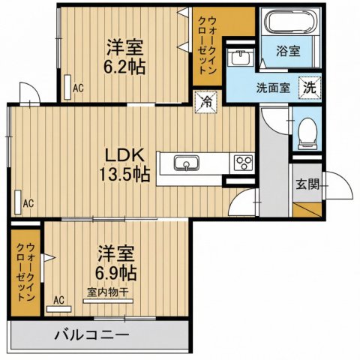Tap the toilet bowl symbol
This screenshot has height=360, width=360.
(307, 135)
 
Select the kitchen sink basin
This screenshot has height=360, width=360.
(184, 163)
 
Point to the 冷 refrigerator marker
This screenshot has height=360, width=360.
(204, 100)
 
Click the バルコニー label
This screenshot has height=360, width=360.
(92, 335)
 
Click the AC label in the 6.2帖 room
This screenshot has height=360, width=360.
(78, 88)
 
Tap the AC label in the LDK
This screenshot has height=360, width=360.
(28, 202)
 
